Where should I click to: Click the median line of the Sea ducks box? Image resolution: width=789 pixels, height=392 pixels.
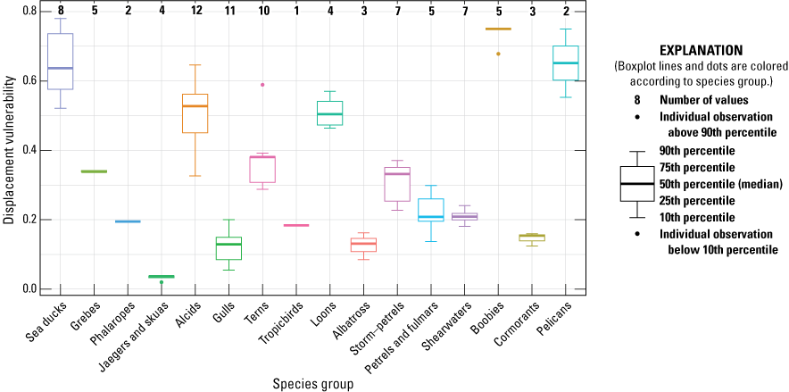point(60,68)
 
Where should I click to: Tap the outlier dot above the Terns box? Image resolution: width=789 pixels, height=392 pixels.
point(262,85)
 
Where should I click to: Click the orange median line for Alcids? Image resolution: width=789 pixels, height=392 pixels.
point(195,106)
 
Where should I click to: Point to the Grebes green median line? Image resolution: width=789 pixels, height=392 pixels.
point(94,171)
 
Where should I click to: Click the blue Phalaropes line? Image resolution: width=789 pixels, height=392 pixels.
point(128,221)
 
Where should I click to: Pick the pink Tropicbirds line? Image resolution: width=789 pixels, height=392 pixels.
point(296,225)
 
